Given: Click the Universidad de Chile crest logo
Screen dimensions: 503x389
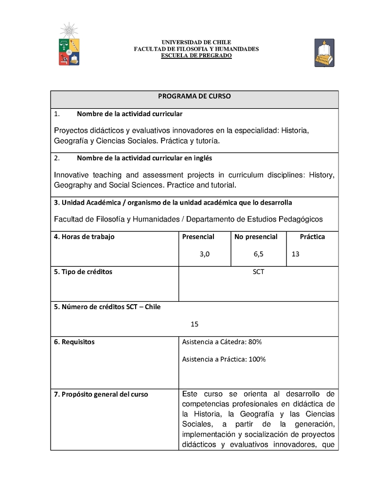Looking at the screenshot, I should pos(69,45).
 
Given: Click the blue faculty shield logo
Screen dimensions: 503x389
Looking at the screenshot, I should pos(324,52).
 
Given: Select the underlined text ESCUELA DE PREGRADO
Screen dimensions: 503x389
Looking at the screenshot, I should pos(196,56).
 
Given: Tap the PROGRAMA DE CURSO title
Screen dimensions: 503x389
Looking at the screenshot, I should pos(194,96).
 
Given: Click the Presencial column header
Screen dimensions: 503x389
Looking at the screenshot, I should pos(198,237).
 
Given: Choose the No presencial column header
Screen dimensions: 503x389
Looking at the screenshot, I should pos(256,237).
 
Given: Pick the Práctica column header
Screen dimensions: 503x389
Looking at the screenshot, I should pos(312,237).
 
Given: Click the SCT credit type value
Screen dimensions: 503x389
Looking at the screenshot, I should pos(259,272).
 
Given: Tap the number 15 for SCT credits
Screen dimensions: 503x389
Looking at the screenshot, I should pos(194,324).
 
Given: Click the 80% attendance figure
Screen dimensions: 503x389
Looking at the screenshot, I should pos(255,342).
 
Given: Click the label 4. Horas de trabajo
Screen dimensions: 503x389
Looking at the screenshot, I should pos(84,237).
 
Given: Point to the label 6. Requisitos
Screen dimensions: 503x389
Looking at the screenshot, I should pos(74,342).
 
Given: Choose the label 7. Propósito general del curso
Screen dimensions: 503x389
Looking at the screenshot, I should pos(101,395).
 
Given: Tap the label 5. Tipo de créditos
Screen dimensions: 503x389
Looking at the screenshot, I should pos(83,272).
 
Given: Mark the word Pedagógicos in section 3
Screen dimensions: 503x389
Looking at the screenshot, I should pos(301,220).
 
